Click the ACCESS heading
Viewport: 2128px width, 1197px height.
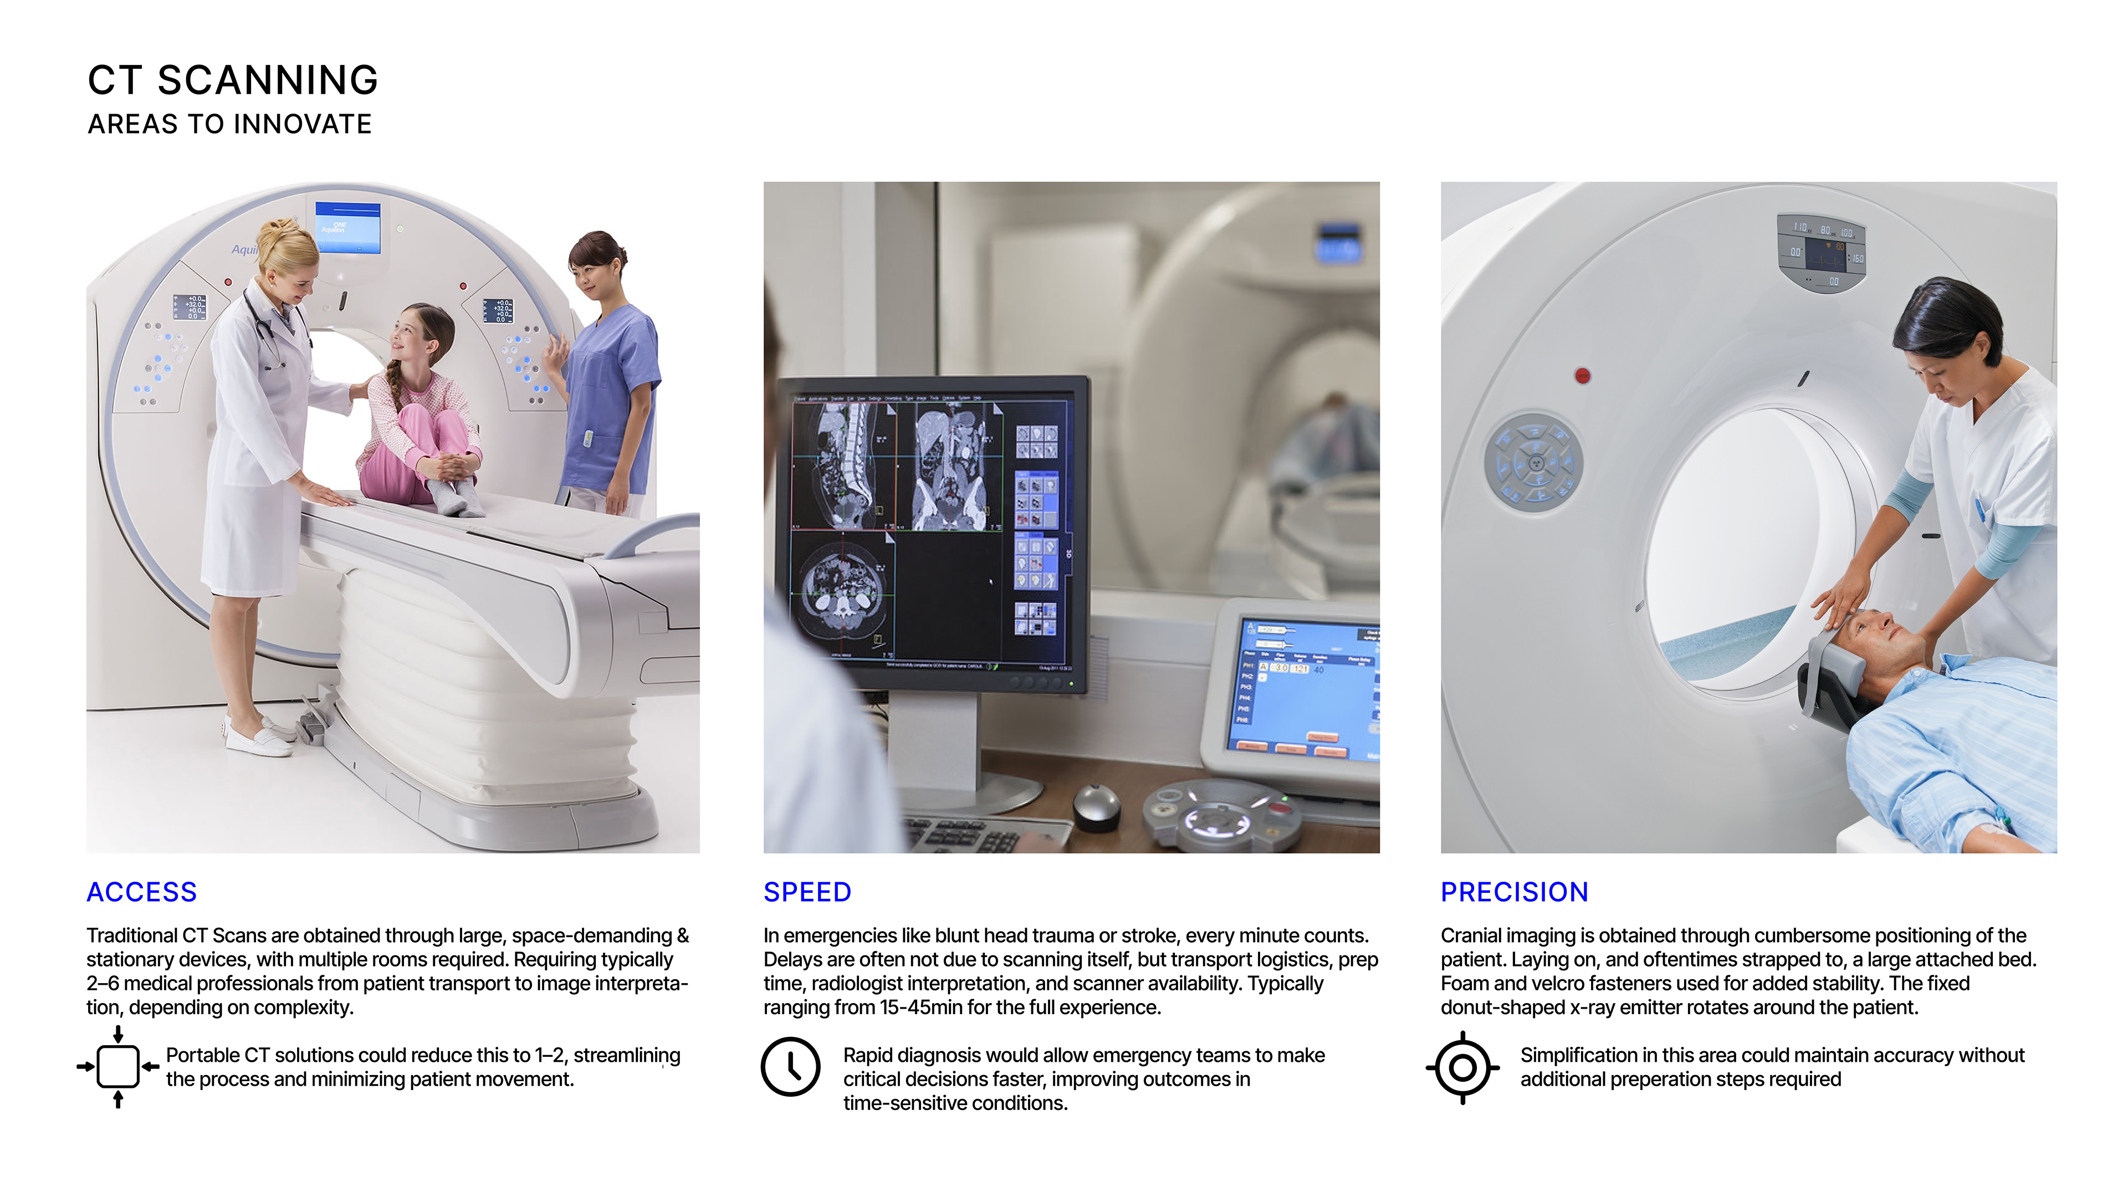tap(141, 892)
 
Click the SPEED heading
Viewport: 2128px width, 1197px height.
tap(807, 892)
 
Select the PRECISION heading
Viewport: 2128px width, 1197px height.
tap(1514, 892)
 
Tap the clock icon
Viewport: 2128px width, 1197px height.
tap(791, 1066)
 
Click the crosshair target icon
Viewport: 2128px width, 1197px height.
tap(1462, 1067)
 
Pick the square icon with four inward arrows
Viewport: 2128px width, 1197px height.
tap(118, 1066)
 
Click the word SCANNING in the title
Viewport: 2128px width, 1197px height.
tap(268, 80)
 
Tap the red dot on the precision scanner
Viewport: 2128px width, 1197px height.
tap(1583, 376)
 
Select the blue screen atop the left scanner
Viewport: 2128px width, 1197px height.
tap(348, 227)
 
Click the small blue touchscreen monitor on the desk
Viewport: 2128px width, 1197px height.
tap(1301, 686)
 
